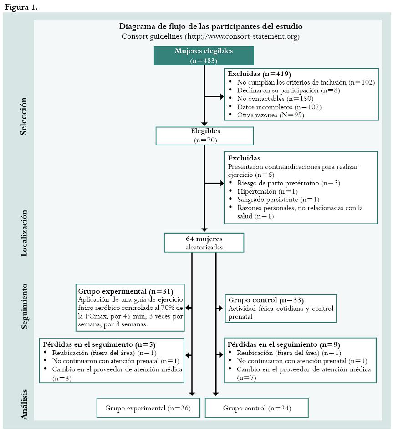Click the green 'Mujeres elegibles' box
[x=204, y=55]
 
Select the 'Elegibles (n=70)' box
[x=204, y=135]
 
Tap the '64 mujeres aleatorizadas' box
[x=204, y=243]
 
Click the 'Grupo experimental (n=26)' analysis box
[x=149, y=408]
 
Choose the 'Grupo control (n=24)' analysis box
[x=257, y=408]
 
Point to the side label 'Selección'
[x=24, y=116]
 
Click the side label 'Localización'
[x=24, y=233]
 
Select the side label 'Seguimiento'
[x=24, y=306]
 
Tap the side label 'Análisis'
[x=24, y=403]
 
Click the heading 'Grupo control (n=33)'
[x=266, y=300]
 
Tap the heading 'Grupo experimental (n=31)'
[x=126, y=291]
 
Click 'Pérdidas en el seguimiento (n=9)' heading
[x=284, y=344]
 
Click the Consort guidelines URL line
[x=210, y=36]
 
